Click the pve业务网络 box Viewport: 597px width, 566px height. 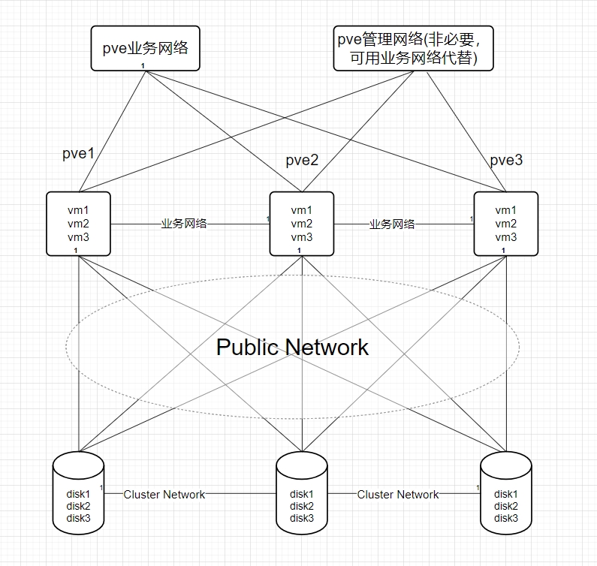pos(144,48)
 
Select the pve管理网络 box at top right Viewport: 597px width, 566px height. pos(413,48)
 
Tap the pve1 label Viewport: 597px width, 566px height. pos(78,155)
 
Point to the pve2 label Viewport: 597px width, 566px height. pos(302,161)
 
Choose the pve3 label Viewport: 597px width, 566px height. pos(505,161)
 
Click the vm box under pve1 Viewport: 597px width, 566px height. pos(79,224)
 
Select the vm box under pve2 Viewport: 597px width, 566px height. pos(302,224)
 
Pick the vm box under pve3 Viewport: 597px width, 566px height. pos(505,224)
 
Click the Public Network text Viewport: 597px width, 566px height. pos(292,347)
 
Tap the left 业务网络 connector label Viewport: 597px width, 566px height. pos(184,224)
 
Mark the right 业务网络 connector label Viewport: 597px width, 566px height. pos(391,224)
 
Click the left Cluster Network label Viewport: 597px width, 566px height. pos(164,494)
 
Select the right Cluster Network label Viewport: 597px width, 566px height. pos(397,494)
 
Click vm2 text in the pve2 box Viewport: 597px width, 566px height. pos(302,224)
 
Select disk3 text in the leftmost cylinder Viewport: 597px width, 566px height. pos(79,518)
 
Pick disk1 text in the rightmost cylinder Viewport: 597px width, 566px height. pos(505,494)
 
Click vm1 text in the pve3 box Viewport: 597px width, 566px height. pos(505,210)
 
